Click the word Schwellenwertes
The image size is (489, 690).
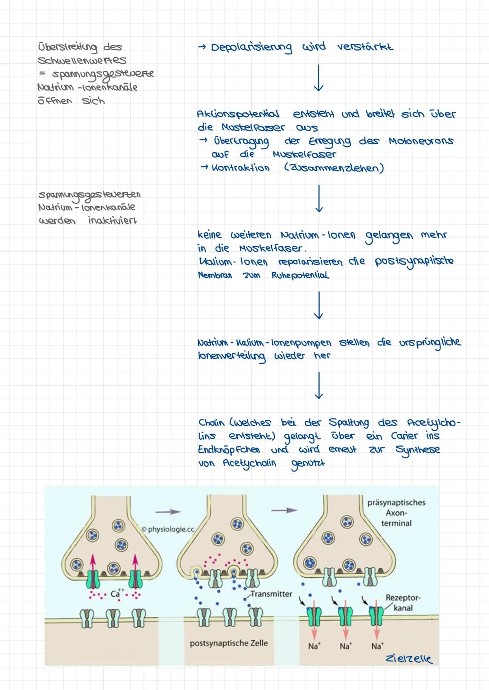coord(82,60)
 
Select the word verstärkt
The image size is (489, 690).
coord(365,47)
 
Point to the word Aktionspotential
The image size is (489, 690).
coord(238,114)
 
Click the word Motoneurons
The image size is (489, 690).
coord(421,141)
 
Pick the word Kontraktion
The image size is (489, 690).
coord(240,168)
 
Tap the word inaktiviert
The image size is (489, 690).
coord(112,221)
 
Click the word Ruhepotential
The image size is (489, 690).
coord(300,275)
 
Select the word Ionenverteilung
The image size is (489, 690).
coord(231,356)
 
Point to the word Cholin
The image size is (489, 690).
coord(211,423)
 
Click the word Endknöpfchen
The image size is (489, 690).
coord(229,450)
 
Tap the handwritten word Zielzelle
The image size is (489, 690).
coord(408,659)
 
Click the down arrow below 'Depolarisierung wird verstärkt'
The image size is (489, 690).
coord(319,78)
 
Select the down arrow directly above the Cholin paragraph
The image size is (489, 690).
coord(319,385)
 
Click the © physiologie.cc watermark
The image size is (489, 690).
coord(168,529)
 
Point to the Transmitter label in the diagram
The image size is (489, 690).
coord(271,594)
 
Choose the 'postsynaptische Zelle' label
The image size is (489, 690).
coord(229,643)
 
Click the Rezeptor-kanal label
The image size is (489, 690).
coord(403,603)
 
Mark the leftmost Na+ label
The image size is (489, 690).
coord(313,646)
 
